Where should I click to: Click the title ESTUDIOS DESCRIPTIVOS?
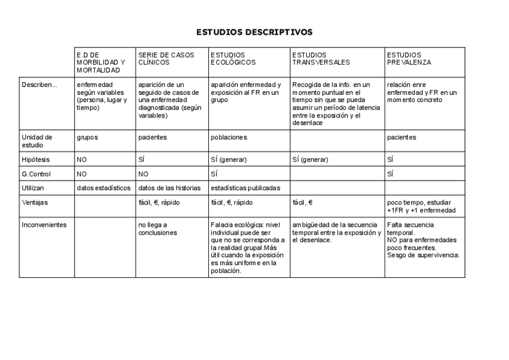point(254,32)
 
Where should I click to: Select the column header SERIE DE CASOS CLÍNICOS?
point(166,58)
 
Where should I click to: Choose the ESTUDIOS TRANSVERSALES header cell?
point(321,58)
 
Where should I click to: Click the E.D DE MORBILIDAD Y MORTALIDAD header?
point(101,62)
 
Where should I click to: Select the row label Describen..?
point(40,85)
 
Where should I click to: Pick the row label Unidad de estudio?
point(37,141)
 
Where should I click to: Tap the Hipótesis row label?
point(36,160)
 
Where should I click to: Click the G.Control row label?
point(37,174)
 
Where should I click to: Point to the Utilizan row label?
point(34,188)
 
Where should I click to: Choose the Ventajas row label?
point(35,202)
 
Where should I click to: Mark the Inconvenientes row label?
point(44,225)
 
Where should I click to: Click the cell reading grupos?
point(87,137)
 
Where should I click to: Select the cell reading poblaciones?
point(229,137)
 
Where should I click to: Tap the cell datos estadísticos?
point(103,188)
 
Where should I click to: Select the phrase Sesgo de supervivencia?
point(423,255)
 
